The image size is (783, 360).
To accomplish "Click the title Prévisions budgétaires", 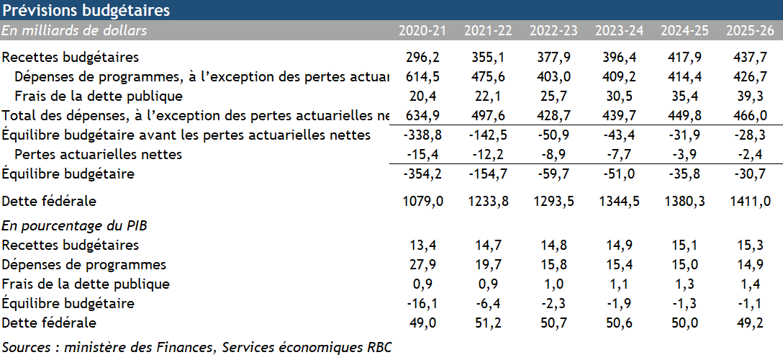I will pos(87,11).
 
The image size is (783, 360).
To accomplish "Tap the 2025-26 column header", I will pos(750,31).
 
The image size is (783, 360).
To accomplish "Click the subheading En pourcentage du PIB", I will pos(74,226).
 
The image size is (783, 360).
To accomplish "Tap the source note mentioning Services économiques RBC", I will pos(197,347).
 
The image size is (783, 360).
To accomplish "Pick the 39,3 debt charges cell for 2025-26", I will pos(750,96).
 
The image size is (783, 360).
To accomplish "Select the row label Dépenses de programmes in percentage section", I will pos(84,265).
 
